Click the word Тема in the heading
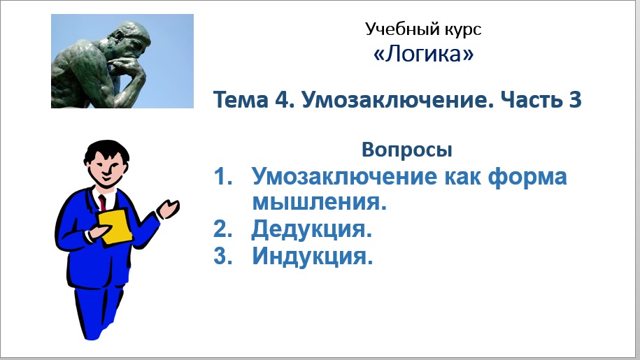tap(239, 100)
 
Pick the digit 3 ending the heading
tap(574, 100)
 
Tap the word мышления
tap(319, 203)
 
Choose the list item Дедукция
tap(311, 229)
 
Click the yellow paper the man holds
tap(115, 226)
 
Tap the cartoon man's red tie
tap(102, 202)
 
